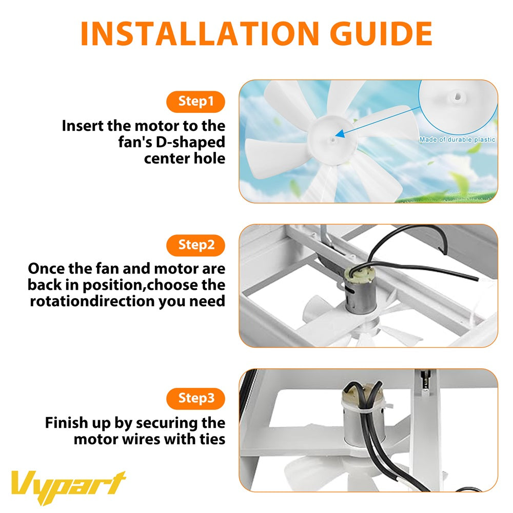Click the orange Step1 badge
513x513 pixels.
pyautogui.click(x=195, y=101)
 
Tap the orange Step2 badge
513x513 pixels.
pyautogui.click(x=195, y=245)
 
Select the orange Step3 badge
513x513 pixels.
pyautogui.click(x=195, y=398)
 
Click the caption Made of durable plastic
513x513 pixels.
pyautogui.click(x=457, y=140)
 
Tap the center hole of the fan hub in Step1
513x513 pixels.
pyautogui.click(x=333, y=137)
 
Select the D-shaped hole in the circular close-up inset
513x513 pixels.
pyautogui.click(x=456, y=95)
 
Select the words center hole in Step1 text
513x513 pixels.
pyautogui.click(x=184, y=158)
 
